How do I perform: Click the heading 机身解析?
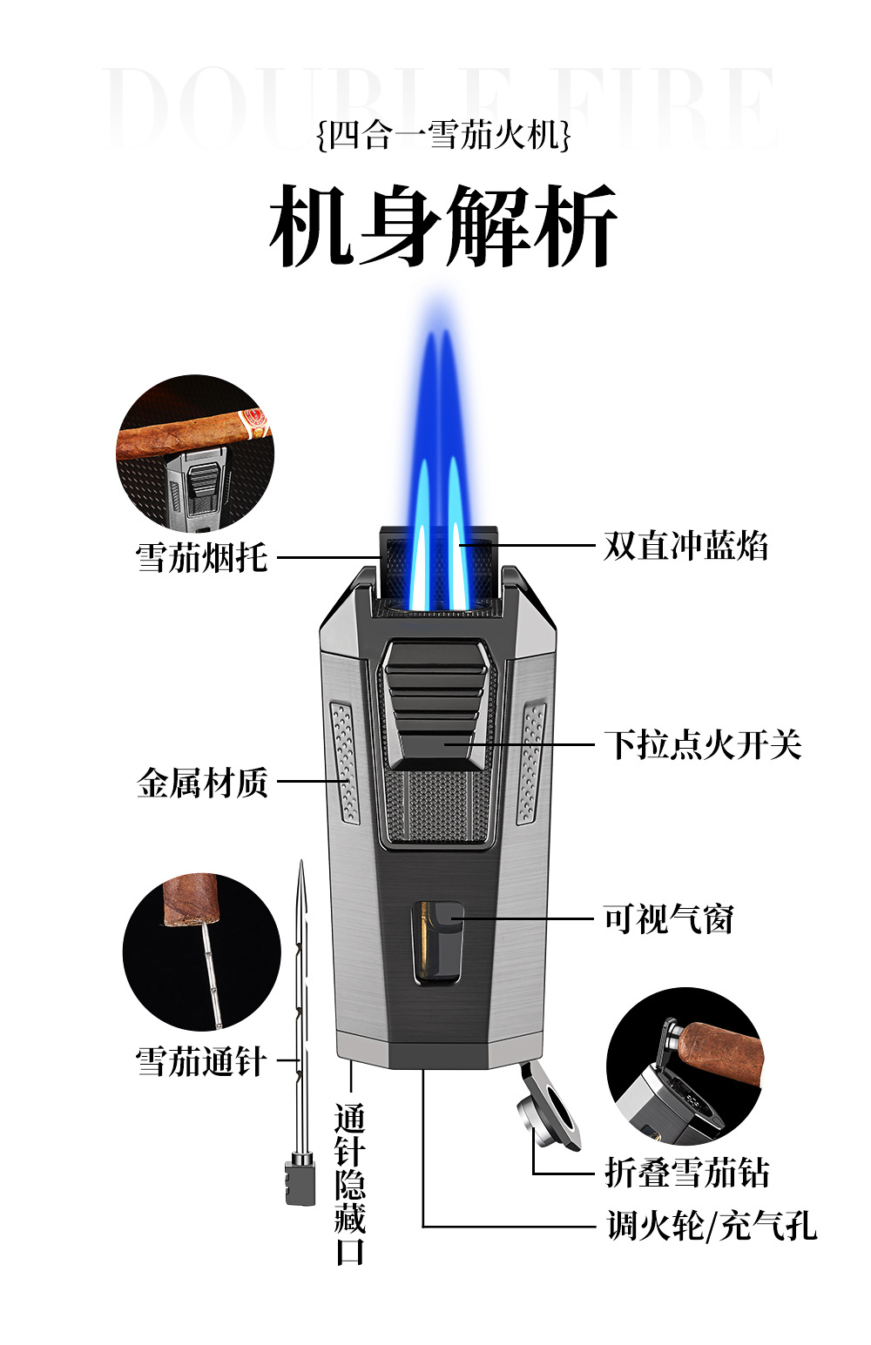(x=443, y=226)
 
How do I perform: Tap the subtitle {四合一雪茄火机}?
(x=443, y=136)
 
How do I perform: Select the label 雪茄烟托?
(x=201, y=557)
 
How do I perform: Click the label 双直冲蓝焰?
(x=686, y=546)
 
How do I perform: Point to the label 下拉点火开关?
(x=702, y=744)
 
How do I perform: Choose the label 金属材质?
(x=202, y=782)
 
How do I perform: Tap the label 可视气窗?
(x=669, y=918)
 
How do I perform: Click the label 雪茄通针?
(x=200, y=1061)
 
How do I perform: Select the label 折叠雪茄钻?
(x=687, y=1173)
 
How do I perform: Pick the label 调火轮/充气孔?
(x=712, y=1226)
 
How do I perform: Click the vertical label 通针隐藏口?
(x=350, y=1184)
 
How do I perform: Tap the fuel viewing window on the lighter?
(x=437, y=943)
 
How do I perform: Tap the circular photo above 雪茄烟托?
(x=195, y=453)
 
